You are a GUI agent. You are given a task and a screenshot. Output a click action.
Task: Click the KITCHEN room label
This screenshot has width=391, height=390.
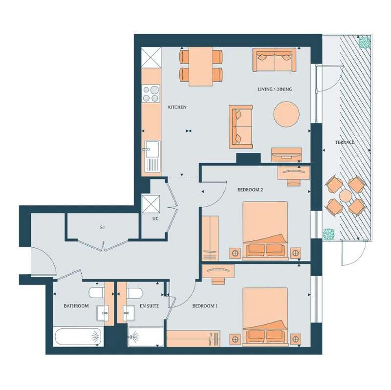[x=177, y=107]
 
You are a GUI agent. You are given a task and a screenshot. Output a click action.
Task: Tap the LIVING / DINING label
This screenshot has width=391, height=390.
[x=275, y=89]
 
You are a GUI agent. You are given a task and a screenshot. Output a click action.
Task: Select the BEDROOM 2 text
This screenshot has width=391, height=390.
[x=250, y=190]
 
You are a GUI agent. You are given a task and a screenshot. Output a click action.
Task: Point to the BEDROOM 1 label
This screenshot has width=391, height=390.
[x=205, y=306]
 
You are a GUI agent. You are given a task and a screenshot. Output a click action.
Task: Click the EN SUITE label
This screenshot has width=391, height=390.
[x=149, y=306]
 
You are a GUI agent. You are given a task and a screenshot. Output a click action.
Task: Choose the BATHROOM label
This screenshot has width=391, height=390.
[x=76, y=306]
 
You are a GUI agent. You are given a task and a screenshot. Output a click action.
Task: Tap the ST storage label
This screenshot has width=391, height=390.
[x=103, y=228]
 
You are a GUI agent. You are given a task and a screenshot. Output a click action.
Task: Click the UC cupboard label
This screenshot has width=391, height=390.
[x=155, y=218]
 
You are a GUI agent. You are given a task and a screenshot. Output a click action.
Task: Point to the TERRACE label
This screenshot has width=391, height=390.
[x=345, y=142]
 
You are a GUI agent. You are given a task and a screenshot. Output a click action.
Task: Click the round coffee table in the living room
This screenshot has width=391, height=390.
[x=286, y=114]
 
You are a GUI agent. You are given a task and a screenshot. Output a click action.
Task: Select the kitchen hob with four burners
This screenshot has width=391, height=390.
[x=151, y=93]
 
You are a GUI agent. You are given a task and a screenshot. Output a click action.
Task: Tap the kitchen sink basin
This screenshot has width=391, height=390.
[x=152, y=149]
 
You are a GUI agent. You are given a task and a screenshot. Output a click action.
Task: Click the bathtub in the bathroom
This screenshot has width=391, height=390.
[x=78, y=337]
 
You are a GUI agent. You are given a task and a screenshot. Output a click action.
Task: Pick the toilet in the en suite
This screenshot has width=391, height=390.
[x=134, y=293]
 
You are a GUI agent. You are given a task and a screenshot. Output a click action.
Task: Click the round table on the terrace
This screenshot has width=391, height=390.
[x=346, y=196]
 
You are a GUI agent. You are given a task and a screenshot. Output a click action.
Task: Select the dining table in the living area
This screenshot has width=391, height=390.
[x=201, y=66]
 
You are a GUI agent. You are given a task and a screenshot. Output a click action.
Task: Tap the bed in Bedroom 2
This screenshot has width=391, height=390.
[x=265, y=231]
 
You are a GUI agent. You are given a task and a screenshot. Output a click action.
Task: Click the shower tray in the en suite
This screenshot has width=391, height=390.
[x=146, y=337]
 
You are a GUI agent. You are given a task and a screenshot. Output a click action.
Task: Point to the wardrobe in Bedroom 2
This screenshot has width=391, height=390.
[x=210, y=238]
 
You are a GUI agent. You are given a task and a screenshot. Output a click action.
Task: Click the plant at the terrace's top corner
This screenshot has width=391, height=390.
[x=364, y=43]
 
